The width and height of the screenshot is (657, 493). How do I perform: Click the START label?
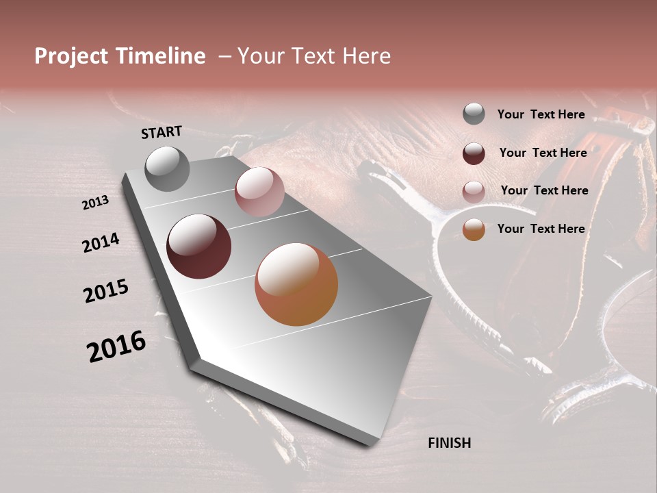click(162, 132)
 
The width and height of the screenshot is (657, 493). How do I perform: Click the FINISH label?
click(449, 443)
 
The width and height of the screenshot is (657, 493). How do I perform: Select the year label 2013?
click(95, 203)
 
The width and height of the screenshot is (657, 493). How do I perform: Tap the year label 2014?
click(101, 242)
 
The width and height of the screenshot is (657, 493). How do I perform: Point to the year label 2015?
click(106, 291)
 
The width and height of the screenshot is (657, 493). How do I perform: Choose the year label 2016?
click(116, 346)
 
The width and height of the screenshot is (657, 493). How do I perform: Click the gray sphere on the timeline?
click(168, 168)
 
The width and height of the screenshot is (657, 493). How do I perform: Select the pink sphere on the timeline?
click(259, 192)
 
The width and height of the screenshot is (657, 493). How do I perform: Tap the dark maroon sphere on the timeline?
click(199, 246)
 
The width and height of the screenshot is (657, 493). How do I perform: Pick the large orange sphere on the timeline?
click(296, 284)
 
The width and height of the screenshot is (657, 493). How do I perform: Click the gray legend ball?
click(474, 114)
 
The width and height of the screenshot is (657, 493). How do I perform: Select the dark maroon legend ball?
click(474, 153)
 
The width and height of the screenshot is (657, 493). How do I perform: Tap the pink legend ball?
click(474, 192)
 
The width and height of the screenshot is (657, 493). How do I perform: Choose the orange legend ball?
click(474, 229)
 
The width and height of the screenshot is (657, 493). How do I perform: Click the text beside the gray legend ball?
click(541, 114)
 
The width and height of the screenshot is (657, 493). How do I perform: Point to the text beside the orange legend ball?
click(541, 229)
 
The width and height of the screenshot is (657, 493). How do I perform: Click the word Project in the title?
click(71, 56)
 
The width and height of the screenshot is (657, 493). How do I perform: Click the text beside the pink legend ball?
click(544, 190)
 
